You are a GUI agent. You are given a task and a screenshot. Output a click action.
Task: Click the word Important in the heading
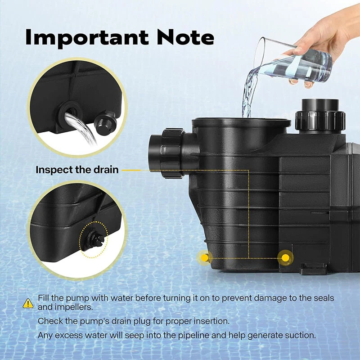[x=87, y=38]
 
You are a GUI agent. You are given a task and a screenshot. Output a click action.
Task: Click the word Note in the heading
[x=185, y=37]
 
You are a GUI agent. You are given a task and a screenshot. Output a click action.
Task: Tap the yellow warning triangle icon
[x=28, y=303]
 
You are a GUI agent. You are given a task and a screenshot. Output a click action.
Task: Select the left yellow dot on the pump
[x=204, y=258]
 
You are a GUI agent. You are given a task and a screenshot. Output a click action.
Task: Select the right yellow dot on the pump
[x=285, y=258]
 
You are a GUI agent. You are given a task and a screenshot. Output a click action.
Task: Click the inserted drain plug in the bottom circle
[x=95, y=239]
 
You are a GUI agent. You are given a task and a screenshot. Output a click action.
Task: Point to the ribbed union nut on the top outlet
[x=320, y=121]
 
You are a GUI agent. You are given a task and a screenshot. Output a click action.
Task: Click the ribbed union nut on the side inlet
[x=173, y=153]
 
